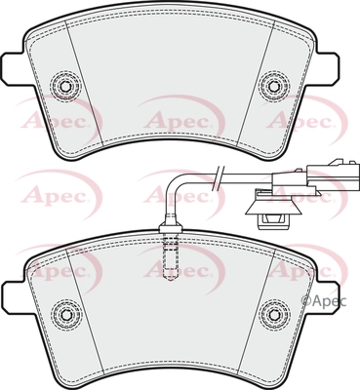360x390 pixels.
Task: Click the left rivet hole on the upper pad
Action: pos(64,86)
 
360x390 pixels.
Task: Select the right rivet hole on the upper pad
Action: pos(273,86)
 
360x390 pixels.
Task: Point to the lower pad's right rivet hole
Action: pos(273,314)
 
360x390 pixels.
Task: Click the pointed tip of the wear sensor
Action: pos(170,280)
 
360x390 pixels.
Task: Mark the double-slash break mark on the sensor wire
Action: pos(219,177)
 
